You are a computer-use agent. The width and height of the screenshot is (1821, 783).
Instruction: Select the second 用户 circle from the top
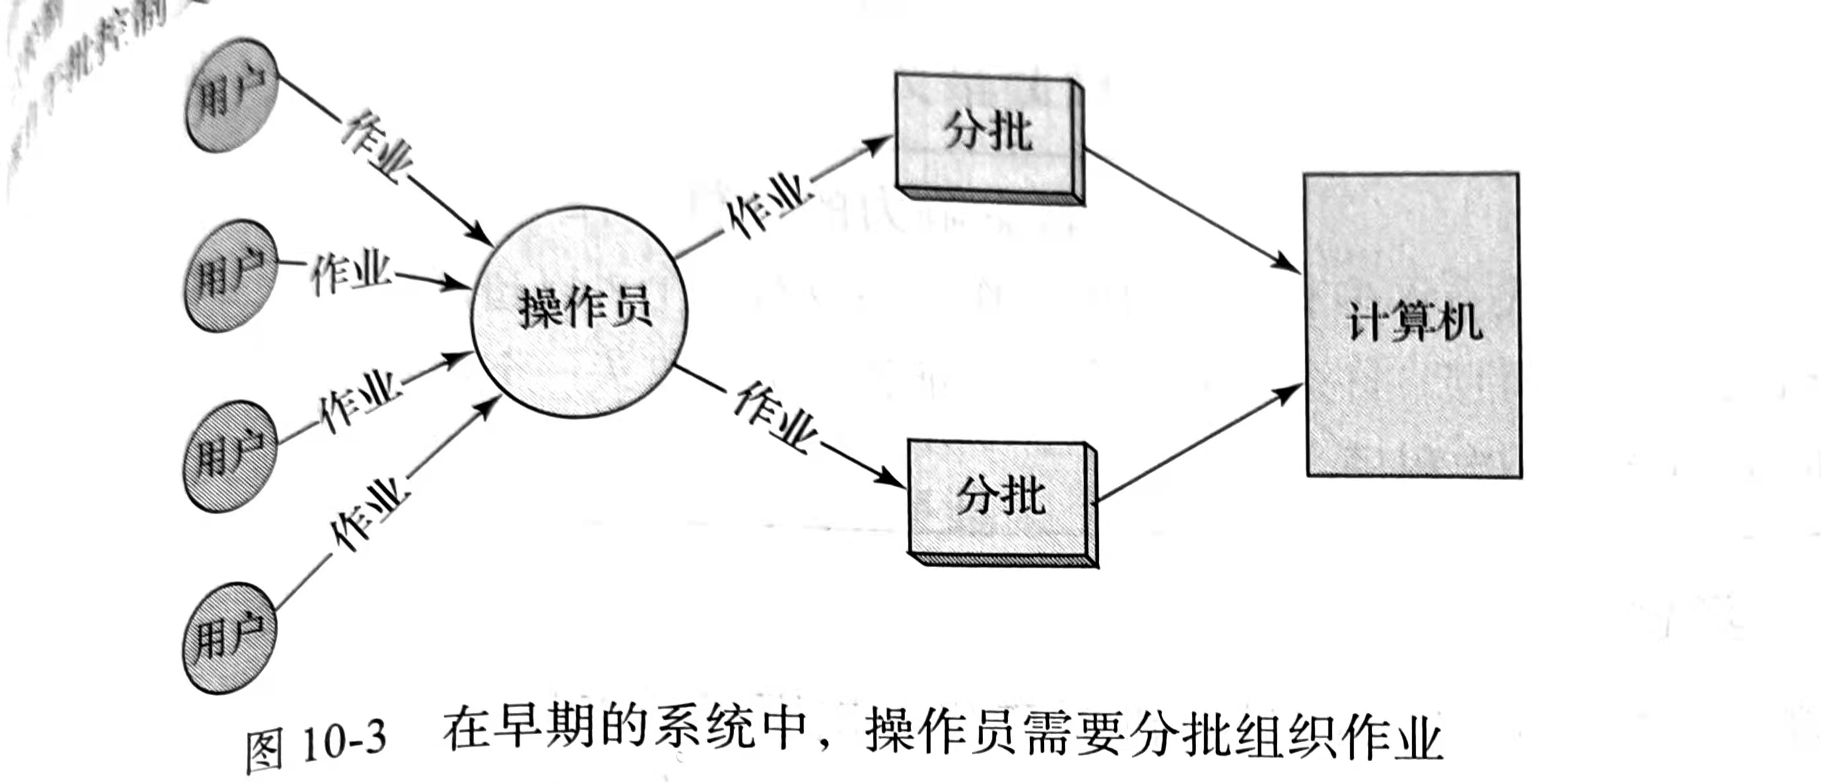pyautogui.click(x=230, y=275)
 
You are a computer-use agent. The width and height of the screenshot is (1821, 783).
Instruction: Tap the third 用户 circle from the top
pyautogui.click(x=229, y=456)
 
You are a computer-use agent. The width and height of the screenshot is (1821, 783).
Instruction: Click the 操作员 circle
pyautogui.click(x=580, y=311)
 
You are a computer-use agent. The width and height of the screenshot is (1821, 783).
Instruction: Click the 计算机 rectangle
pyautogui.click(x=1412, y=323)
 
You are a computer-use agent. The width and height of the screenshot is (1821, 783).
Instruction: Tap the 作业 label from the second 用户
pyautogui.click(x=351, y=272)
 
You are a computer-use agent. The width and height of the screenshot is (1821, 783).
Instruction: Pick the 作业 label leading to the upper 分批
pyautogui.click(x=767, y=204)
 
